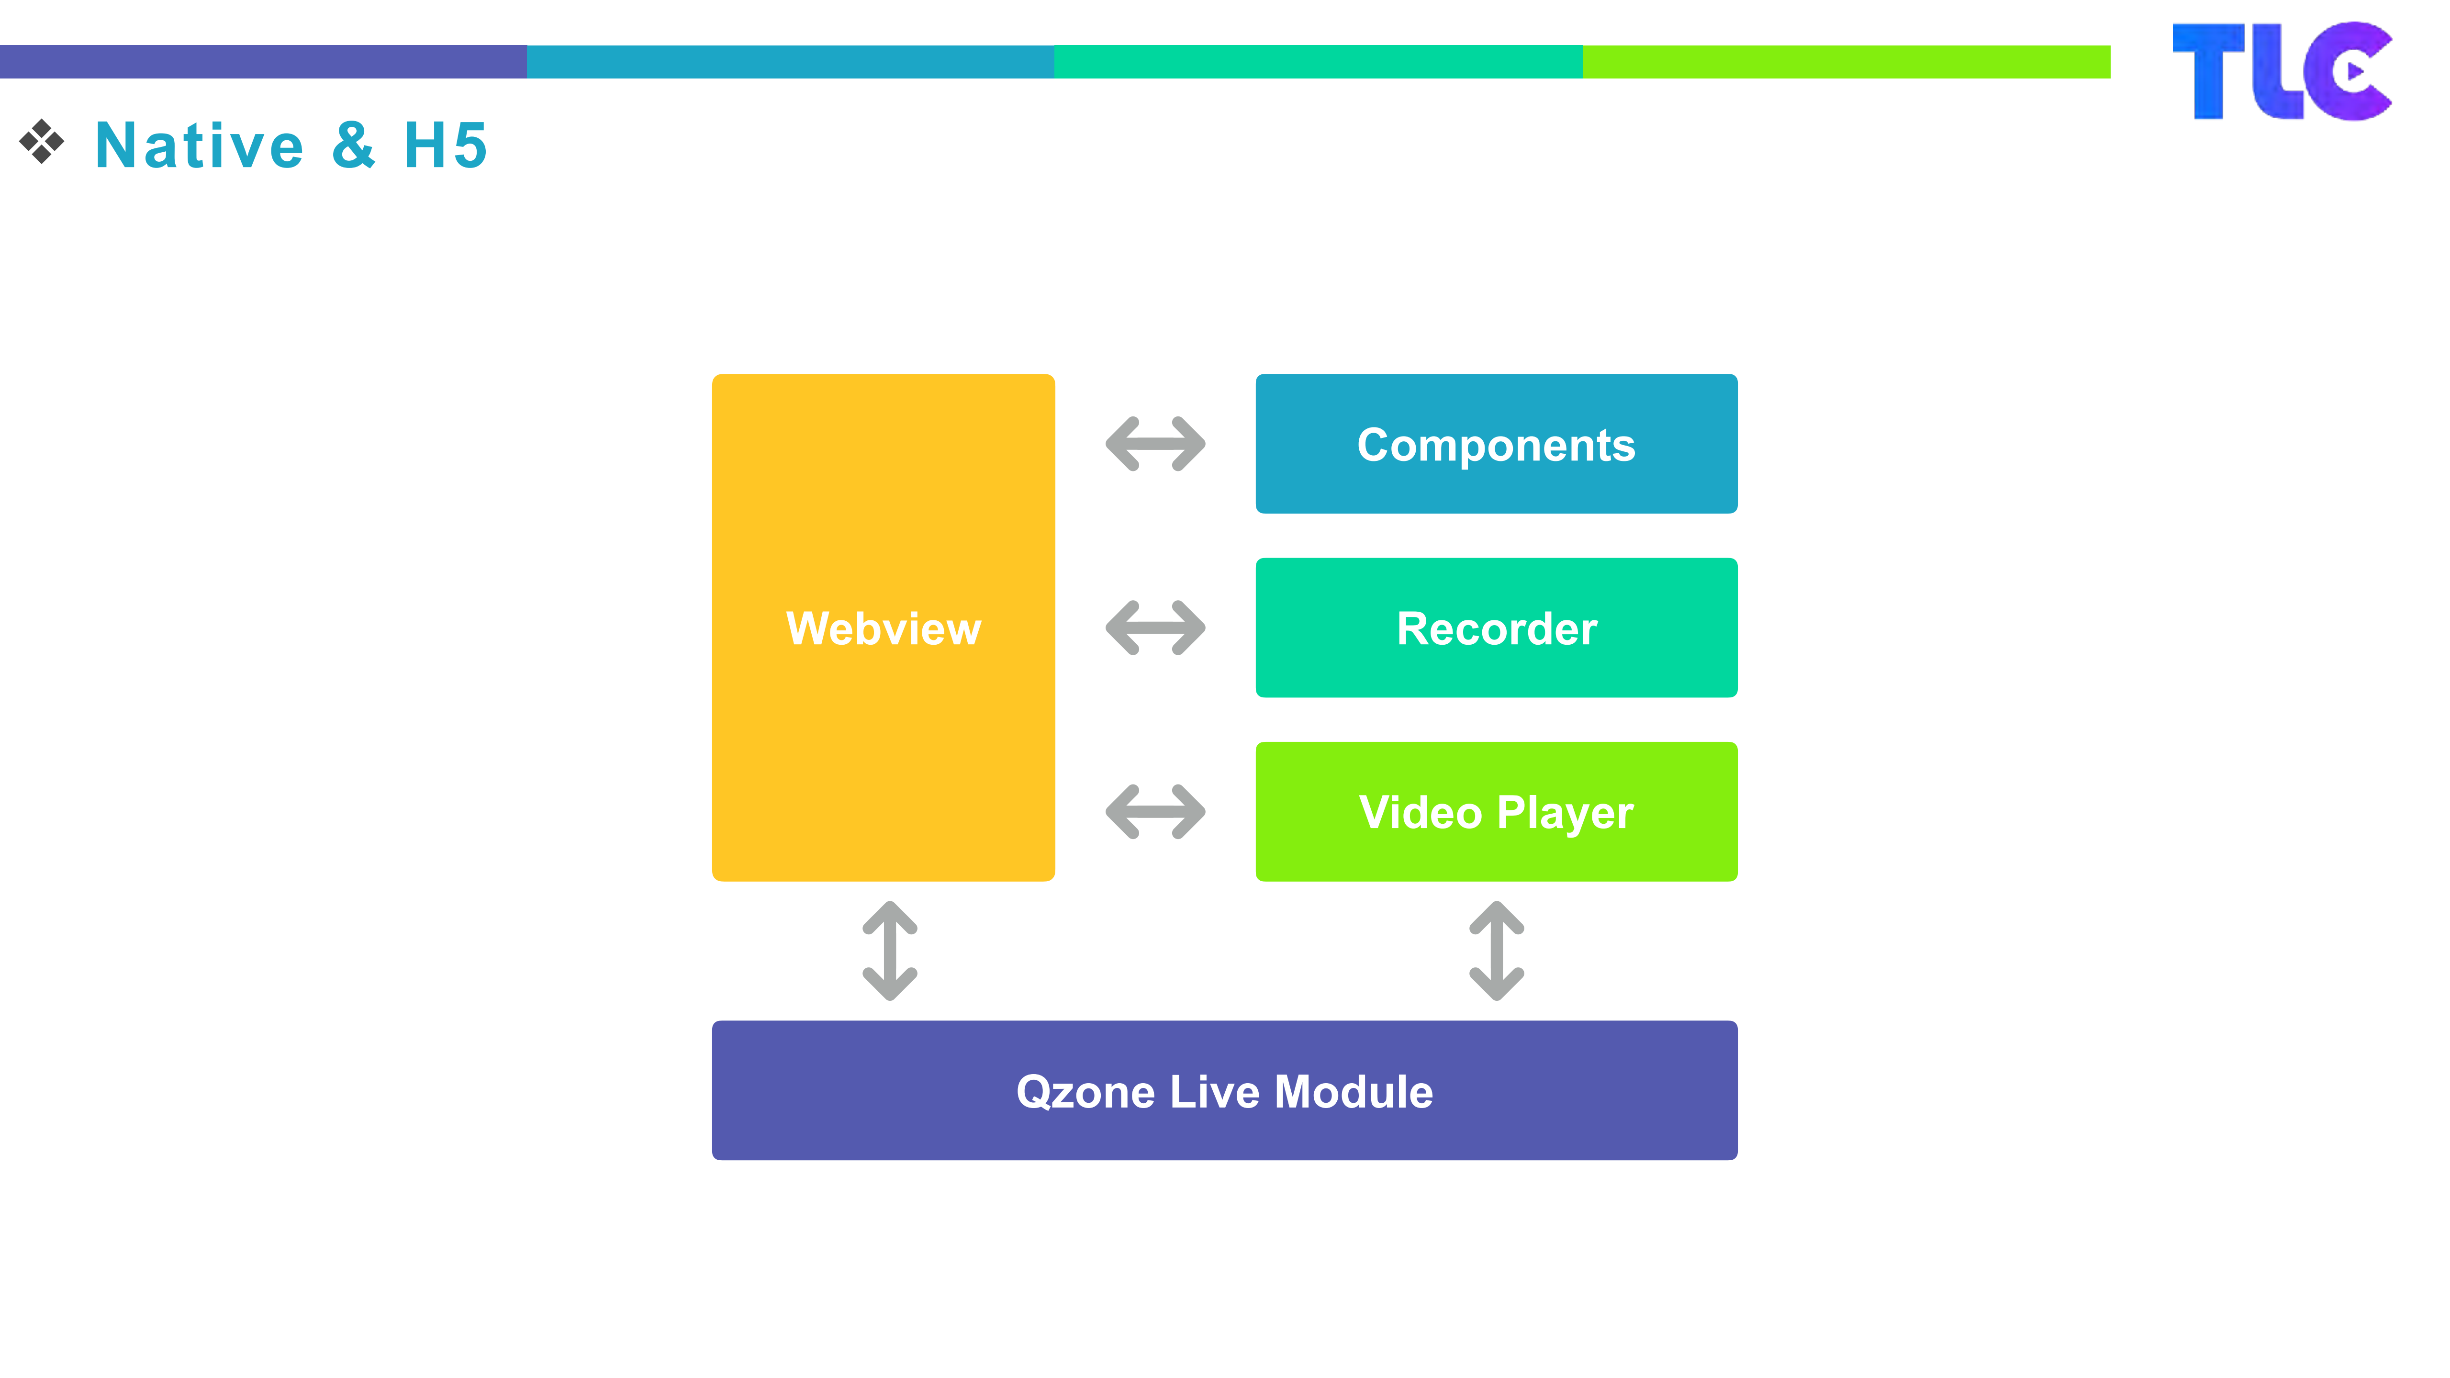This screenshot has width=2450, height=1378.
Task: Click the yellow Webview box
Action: point(883,627)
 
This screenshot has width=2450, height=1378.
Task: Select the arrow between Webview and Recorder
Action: point(1154,627)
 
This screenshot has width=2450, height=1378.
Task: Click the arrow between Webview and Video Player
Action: point(1154,811)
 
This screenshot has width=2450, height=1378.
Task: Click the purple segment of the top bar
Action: point(263,62)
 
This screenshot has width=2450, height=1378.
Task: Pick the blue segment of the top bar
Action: point(790,62)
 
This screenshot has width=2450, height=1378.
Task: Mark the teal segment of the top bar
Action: point(1318,62)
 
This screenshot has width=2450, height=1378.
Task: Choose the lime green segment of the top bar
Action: point(1846,62)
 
